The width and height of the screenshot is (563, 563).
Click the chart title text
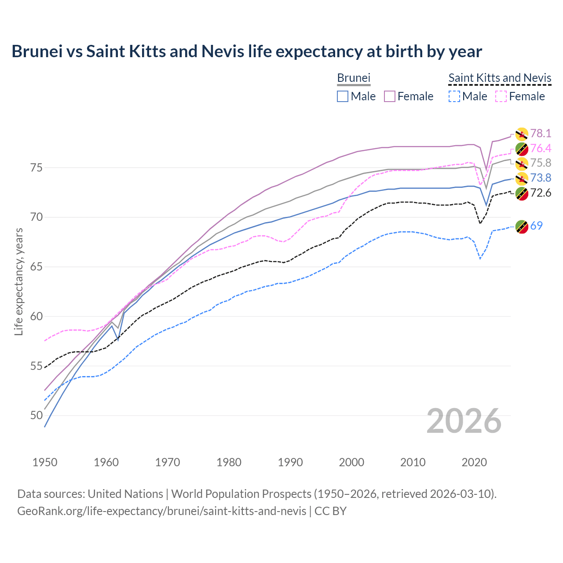click(x=247, y=51)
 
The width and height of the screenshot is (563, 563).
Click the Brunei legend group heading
click(x=354, y=78)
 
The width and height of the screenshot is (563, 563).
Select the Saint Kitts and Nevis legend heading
click(x=500, y=78)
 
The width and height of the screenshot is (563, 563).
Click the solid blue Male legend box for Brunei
click(x=343, y=96)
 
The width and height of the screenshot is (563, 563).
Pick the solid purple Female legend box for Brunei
click(x=390, y=96)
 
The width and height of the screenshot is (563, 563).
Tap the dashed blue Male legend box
click(x=454, y=96)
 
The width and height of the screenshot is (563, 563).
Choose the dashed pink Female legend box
click(x=501, y=96)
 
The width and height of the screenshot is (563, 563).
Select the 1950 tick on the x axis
click(x=45, y=462)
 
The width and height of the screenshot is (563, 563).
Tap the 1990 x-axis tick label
click(x=290, y=462)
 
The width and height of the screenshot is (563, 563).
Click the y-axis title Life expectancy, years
click(x=18, y=281)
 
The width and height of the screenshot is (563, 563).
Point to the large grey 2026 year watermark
click(x=464, y=421)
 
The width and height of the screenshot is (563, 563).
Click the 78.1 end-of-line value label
click(x=541, y=133)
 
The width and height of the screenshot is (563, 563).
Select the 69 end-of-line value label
click(x=536, y=226)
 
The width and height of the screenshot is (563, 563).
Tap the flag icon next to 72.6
click(x=522, y=193)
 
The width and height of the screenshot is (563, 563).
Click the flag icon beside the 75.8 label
click(x=522, y=163)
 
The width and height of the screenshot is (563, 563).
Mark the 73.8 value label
click(x=541, y=178)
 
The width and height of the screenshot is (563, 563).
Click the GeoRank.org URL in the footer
click(x=161, y=511)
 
